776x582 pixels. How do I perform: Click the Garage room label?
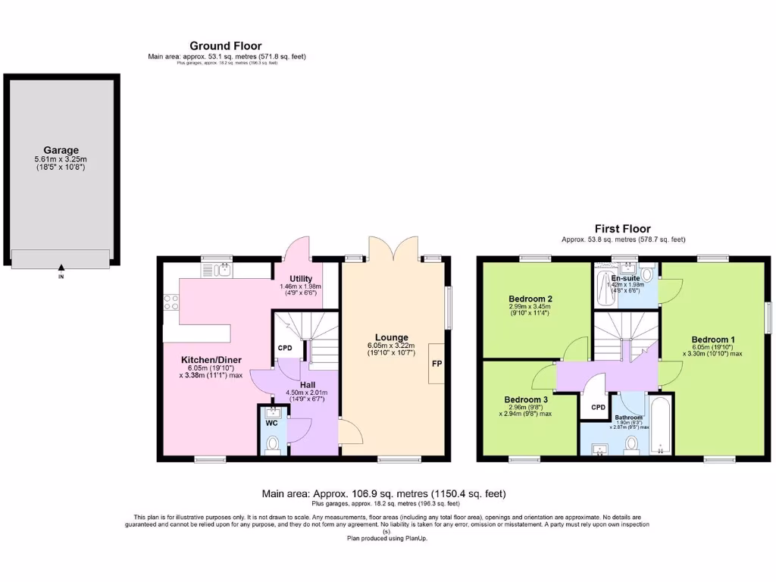pos(61,150)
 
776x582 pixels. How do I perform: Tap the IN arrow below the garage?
pos(61,267)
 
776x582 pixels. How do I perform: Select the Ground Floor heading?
pos(225,46)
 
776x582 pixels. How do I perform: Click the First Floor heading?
pos(623,229)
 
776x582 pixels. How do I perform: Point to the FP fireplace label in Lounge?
pos(437,364)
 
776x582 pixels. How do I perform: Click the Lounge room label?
pos(391,337)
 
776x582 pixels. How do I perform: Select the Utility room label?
pos(300,278)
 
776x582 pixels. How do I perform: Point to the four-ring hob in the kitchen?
pos(171,302)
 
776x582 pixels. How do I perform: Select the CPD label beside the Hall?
pos(284,349)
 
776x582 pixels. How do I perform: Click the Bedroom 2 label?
pos(530,298)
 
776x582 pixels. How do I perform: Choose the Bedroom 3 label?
pos(526,399)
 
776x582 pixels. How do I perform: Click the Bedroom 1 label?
pos(713,339)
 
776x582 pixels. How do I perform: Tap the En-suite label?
pos(625,277)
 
